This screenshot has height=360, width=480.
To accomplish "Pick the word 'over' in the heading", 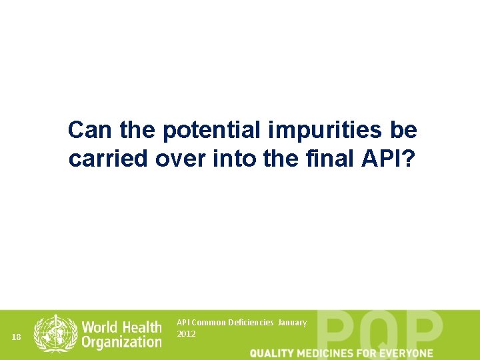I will [175, 159].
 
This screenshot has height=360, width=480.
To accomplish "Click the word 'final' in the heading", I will [330, 159].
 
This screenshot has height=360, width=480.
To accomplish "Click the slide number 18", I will [17, 337].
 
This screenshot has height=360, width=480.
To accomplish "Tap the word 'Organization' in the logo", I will [121, 342].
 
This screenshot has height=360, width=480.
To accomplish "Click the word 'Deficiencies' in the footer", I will [251, 323].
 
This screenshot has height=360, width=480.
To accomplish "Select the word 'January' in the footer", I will [293, 323].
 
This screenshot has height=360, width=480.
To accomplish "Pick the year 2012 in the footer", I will [187, 333].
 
